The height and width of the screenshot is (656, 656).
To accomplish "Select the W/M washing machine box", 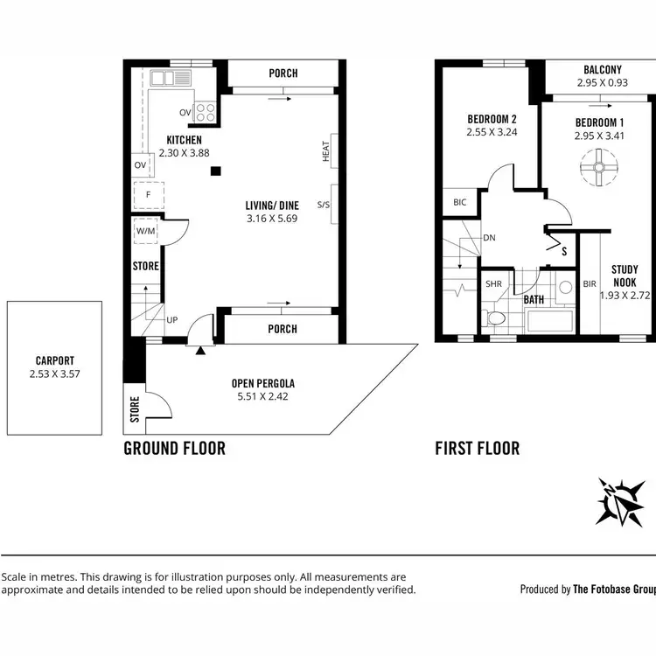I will tap(144, 232).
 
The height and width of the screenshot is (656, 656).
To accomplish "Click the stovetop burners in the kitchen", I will tap(205, 112).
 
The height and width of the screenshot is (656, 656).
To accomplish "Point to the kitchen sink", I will tap(171, 78).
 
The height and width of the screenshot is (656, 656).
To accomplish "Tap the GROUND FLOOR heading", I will tap(174, 449).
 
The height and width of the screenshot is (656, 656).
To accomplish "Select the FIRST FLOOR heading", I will tap(478, 449).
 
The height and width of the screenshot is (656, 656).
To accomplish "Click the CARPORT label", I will tap(55, 359).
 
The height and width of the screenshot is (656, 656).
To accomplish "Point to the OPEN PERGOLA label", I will tap(262, 383).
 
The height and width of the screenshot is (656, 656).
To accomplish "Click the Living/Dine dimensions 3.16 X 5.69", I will tap(272, 219).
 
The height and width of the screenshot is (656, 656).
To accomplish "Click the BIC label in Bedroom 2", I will tap(460, 203).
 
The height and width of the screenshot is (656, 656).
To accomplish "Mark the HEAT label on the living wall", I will tap(326, 151).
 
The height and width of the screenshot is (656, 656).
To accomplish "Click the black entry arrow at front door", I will tap(200, 350).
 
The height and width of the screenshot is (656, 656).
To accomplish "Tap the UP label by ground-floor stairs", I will tap(171, 320).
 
